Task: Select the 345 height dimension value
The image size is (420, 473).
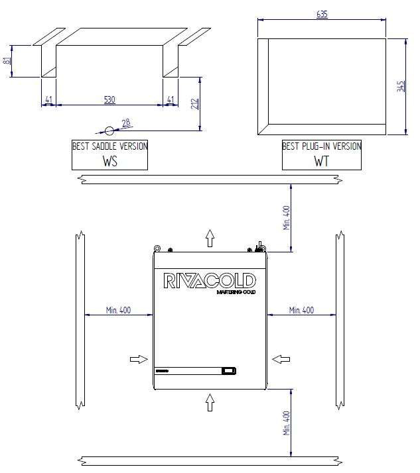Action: point(400,86)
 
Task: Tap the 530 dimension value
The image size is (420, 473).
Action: point(109,99)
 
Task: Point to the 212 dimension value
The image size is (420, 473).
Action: point(194,103)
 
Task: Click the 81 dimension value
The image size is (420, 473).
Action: point(7,61)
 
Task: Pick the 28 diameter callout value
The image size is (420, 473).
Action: point(125,123)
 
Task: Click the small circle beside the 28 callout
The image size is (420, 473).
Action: point(109,131)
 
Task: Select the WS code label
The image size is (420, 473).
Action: point(109,161)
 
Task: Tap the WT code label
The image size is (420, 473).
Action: point(322,161)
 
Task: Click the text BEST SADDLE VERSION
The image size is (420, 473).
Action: point(109,146)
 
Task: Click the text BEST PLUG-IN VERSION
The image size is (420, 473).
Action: point(322,146)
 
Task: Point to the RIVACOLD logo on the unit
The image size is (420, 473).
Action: point(210,280)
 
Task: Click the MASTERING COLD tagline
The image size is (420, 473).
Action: point(237,292)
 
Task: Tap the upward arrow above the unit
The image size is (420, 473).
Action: point(210,237)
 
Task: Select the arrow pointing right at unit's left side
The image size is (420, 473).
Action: point(139,359)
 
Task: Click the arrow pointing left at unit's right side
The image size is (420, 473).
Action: point(281,359)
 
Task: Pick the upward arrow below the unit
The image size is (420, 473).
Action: point(210,401)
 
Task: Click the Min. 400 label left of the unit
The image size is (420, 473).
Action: point(118,310)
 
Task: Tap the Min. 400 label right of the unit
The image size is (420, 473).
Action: point(301,310)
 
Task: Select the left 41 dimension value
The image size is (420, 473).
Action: point(48,99)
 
